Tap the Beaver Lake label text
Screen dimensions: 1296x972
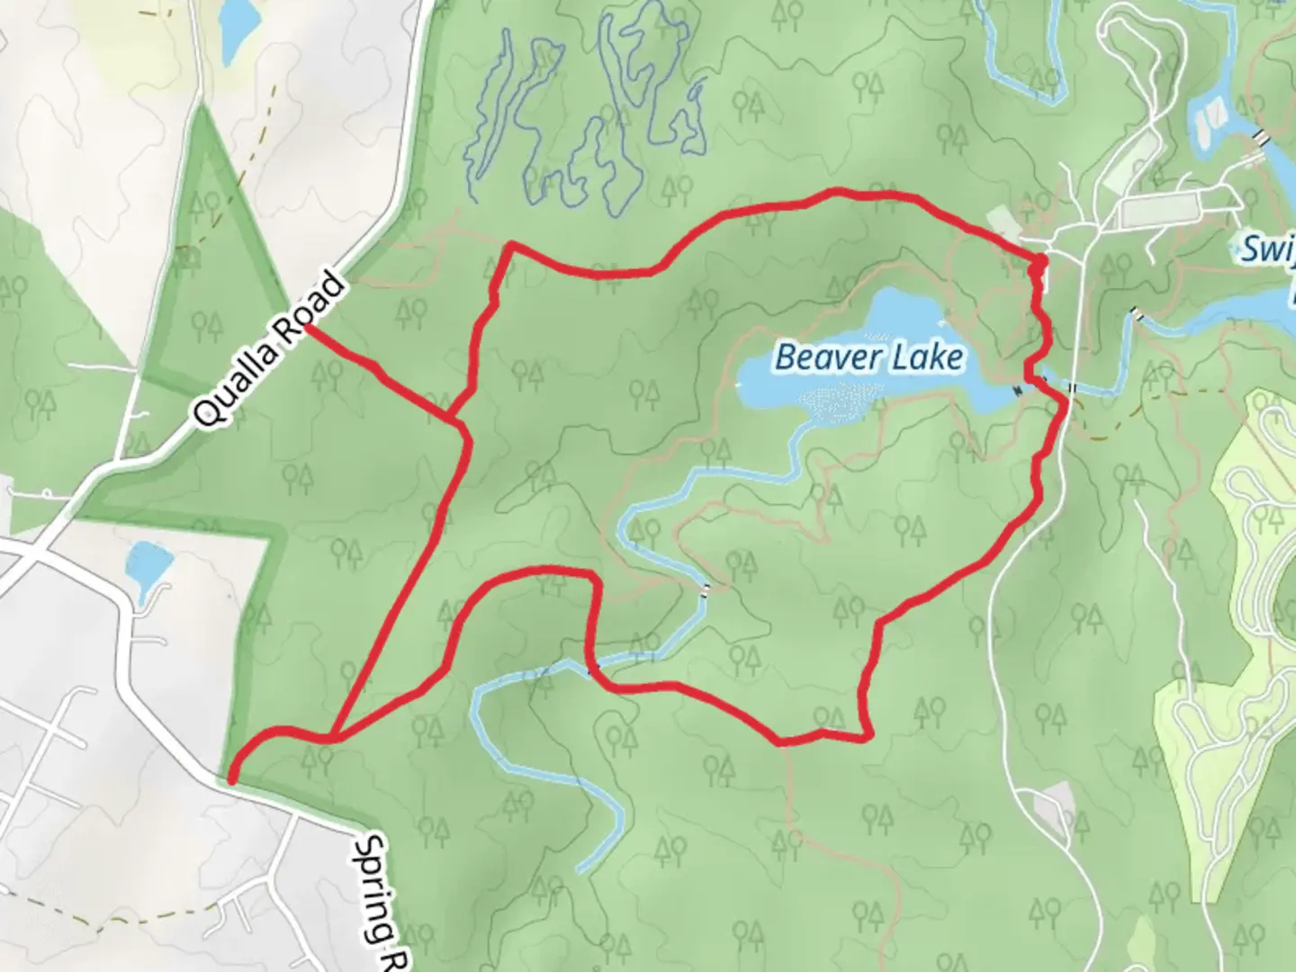[868, 357]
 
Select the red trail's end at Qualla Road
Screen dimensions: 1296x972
[309, 328]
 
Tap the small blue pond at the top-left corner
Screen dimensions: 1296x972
[238, 25]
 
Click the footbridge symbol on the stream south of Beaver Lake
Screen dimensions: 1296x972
[706, 589]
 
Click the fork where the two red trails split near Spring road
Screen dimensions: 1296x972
[335, 737]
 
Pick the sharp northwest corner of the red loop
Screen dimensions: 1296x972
[510, 244]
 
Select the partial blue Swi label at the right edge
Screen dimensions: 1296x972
[1267, 247]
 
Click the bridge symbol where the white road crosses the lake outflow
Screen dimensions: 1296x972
[1072, 388]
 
